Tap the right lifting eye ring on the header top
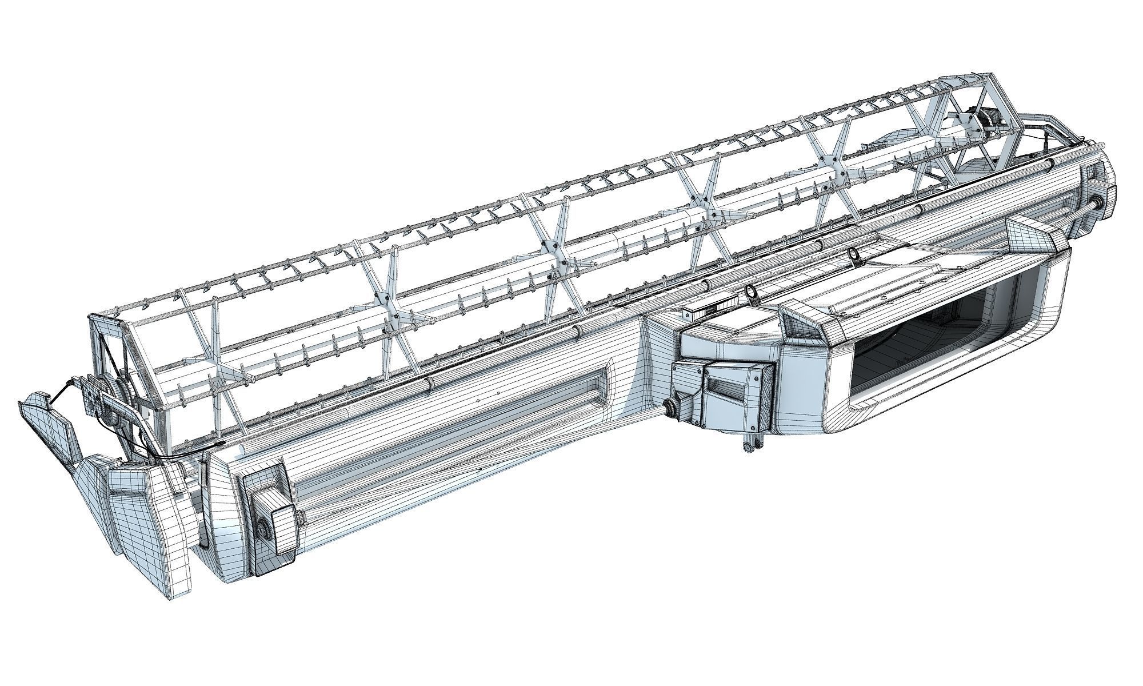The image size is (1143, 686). coord(854,253)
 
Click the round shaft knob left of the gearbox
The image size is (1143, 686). coord(669,407)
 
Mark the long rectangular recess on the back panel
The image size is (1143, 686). coord(543,394)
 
